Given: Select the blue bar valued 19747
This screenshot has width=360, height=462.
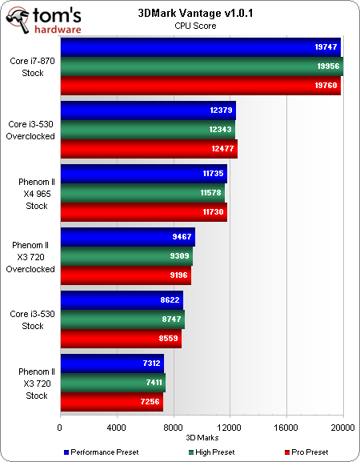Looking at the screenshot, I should pyautogui.click(x=200, y=47).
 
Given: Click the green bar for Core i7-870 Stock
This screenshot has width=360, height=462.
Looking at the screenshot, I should pyautogui.click(x=201, y=66).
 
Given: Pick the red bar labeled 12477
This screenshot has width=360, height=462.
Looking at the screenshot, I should pyautogui.click(x=148, y=149).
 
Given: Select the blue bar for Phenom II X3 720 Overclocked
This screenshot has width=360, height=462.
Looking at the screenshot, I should pyautogui.click(x=127, y=238).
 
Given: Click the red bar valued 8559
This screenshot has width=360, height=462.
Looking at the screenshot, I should pyautogui.click(x=121, y=339).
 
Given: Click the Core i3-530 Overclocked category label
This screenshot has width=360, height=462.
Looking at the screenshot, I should pyautogui.click(x=32, y=130).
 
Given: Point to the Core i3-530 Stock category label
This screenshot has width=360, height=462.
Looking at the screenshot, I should pyautogui.click(x=32, y=320).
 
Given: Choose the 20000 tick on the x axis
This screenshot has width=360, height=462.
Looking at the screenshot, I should pyautogui.click(x=342, y=426).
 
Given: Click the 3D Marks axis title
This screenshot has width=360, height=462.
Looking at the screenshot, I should pyautogui.click(x=201, y=437).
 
